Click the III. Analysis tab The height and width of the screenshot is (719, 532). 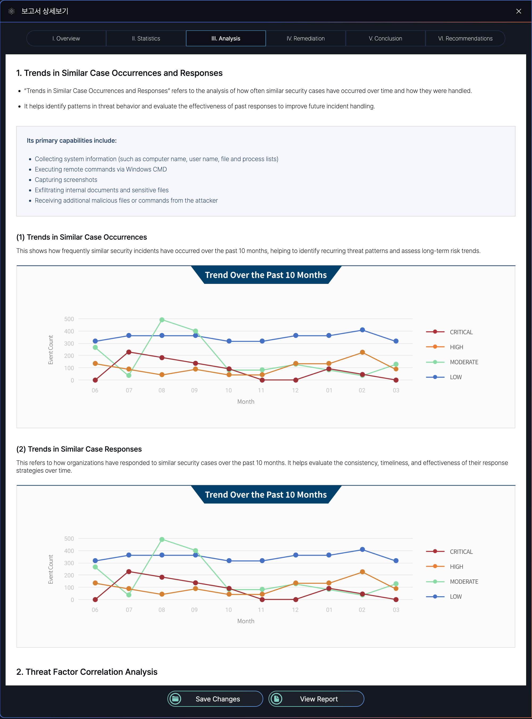pos(226,38)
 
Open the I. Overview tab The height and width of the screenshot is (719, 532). pos(66,38)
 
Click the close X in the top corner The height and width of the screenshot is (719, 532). pos(518,11)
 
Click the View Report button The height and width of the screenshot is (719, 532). pos(316,699)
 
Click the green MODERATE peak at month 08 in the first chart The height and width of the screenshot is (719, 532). pos(162,320)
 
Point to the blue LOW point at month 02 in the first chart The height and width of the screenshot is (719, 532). pos(362,330)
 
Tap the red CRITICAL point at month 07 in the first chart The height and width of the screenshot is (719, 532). pos(129,352)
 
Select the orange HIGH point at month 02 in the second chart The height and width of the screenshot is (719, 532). pos(362,572)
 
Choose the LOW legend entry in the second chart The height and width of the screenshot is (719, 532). pos(455,597)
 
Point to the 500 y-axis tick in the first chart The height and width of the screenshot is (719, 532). pos(69,319)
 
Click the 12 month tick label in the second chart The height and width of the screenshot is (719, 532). pos(295,610)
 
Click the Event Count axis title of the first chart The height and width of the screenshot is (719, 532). pos(51,350)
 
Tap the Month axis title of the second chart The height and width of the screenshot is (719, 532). pos(246,621)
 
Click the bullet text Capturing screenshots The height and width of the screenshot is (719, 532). pos(66,180)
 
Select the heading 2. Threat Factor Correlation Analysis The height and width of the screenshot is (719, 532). pos(87,672)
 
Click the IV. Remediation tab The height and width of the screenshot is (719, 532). pos(306,38)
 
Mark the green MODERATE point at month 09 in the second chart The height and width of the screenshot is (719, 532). pos(195,550)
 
